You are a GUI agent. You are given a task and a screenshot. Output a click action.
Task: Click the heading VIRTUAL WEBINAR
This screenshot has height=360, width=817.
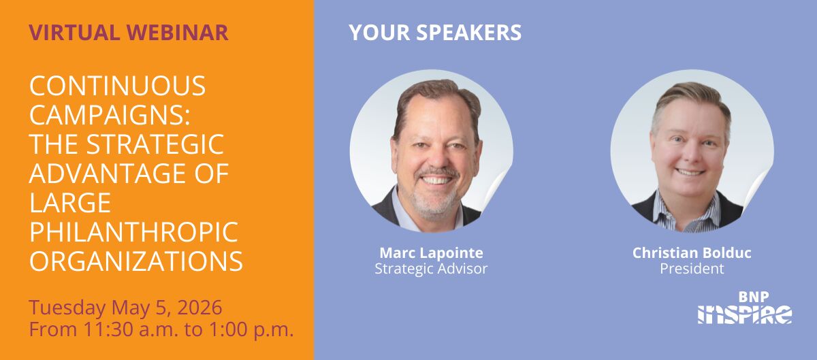[x=129, y=32]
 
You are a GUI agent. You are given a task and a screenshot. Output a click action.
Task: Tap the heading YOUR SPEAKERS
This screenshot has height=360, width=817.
[x=435, y=32]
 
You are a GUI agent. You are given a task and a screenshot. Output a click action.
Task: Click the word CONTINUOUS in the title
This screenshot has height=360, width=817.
[x=117, y=86]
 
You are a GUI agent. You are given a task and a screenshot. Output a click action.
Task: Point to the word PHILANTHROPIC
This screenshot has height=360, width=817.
[x=133, y=232]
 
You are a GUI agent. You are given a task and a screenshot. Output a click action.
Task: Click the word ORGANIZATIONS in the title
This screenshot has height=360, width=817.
[x=135, y=261]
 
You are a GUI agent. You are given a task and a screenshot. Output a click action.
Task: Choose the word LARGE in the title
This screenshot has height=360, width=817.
[x=69, y=203]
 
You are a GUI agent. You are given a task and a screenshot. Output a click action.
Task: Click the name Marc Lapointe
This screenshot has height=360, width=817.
[x=430, y=253]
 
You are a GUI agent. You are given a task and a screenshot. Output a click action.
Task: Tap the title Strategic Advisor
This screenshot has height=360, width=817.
[x=430, y=269]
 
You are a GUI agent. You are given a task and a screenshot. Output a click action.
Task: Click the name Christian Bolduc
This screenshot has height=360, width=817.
[x=691, y=253]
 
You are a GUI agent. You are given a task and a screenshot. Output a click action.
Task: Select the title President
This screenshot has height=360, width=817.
[x=691, y=269]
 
